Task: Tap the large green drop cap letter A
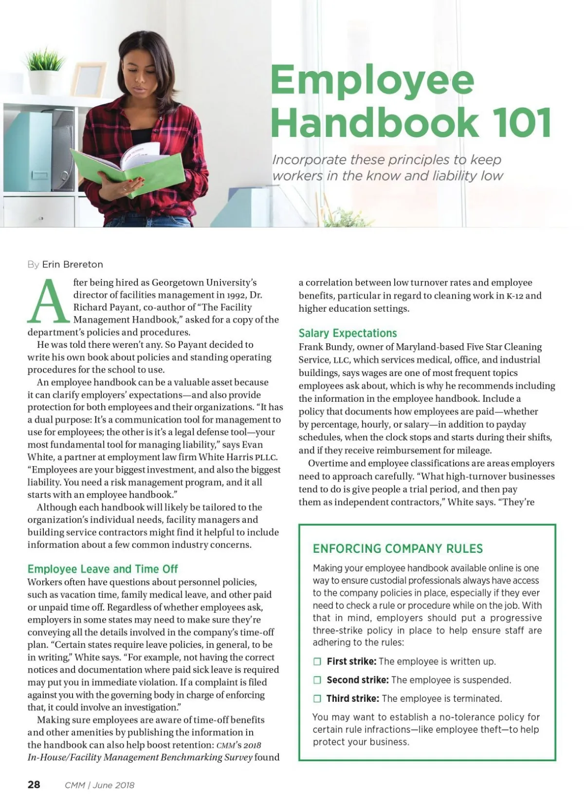click(48, 302)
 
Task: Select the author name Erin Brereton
click(73, 264)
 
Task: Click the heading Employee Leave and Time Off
click(102, 569)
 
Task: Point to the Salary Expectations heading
click(347, 333)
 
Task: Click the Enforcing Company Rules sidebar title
click(398, 548)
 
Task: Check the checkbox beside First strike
click(317, 661)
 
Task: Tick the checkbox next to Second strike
click(317, 680)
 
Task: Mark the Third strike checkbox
click(317, 698)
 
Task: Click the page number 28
click(34, 785)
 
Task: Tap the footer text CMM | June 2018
click(99, 785)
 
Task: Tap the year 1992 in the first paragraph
click(236, 295)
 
